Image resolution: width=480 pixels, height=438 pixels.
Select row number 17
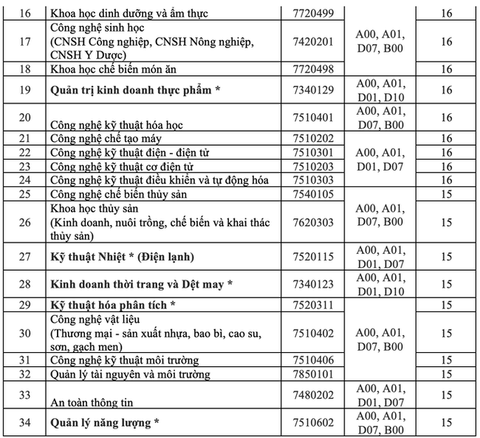pyautogui.click(x=24, y=41)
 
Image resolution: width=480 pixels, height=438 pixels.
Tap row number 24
pyautogui.click(x=24, y=180)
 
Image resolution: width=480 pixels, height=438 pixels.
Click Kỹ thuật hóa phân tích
pyautogui.click(x=113, y=305)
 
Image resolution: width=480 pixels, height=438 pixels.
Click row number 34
pyautogui.click(x=24, y=423)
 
